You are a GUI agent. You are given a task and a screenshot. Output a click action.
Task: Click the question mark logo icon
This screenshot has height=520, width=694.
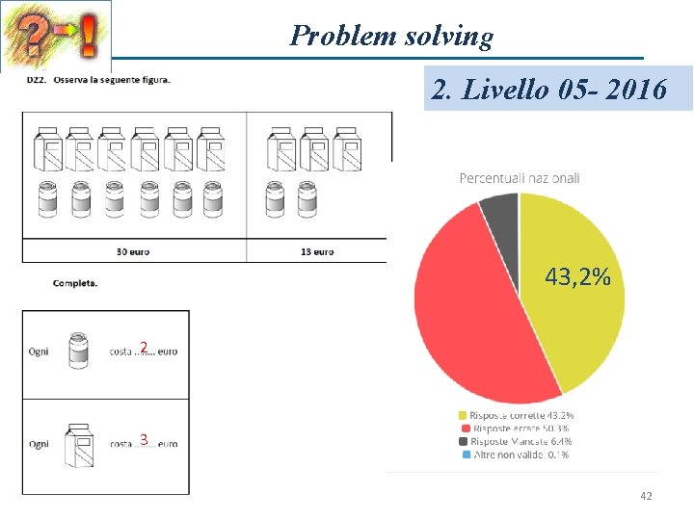pyautogui.click(x=56, y=36)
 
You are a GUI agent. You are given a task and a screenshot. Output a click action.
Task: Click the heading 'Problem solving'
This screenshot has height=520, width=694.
pyautogui.click(x=391, y=36)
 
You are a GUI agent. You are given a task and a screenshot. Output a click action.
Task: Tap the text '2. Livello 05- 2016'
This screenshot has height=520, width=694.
pyautogui.click(x=549, y=90)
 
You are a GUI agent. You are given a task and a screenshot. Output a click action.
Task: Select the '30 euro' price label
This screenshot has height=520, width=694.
pyautogui.click(x=133, y=251)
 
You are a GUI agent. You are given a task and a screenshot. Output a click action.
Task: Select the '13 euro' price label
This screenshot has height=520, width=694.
pyautogui.click(x=317, y=251)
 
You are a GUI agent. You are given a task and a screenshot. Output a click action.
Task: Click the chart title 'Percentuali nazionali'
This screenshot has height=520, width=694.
pyautogui.click(x=520, y=178)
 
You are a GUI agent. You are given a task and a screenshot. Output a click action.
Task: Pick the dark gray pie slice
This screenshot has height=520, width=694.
pyautogui.click(x=500, y=212)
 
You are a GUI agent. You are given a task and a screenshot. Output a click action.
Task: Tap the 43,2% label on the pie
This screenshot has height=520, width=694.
pyautogui.click(x=577, y=278)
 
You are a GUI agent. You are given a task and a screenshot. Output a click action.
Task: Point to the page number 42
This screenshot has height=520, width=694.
pyautogui.click(x=646, y=495)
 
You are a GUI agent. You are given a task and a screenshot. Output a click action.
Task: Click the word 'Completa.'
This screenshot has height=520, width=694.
pyautogui.click(x=75, y=283)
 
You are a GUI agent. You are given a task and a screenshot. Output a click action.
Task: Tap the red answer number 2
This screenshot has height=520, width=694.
pyautogui.click(x=143, y=347)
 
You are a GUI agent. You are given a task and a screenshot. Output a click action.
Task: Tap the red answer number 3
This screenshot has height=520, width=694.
pyautogui.click(x=143, y=440)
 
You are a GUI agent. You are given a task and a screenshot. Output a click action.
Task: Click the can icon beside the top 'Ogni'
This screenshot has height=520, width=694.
pyautogui.click(x=79, y=350)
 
